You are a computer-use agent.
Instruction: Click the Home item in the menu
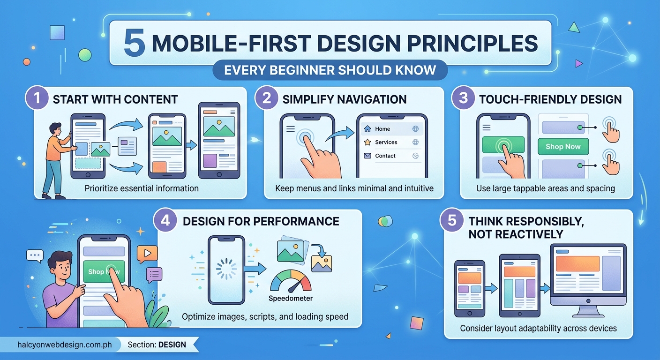click(382, 129)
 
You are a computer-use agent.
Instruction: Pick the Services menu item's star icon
click(367, 142)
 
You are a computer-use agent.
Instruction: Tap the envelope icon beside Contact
click(367, 156)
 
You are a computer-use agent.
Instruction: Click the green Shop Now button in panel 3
click(562, 147)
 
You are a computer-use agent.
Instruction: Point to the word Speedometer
click(291, 298)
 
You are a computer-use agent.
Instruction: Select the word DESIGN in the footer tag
click(172, 345)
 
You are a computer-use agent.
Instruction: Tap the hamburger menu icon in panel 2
click(291, 129)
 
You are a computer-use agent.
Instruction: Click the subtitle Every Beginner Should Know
click(330, 71)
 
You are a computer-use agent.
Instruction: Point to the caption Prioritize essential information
click(142, 188)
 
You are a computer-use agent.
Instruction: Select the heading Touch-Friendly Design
click(550, 99)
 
